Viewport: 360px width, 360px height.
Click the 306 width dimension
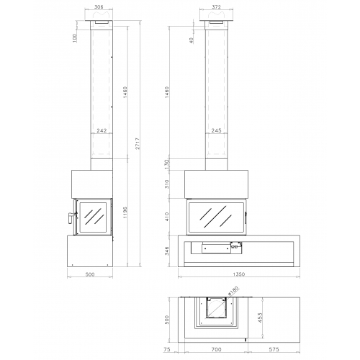[99, 7]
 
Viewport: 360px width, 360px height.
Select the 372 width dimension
[216, 7]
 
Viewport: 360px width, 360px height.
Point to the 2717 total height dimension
[138, 143]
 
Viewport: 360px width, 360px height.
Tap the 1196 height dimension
[125, 212]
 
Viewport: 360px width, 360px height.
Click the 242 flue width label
[102, 130]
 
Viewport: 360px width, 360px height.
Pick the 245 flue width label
[216, 130]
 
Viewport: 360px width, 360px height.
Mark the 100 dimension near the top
[75, 38]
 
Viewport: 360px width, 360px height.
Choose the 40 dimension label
[192, 40]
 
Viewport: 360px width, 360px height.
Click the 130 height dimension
[167, 164]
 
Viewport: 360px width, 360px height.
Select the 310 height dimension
[167, 184]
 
